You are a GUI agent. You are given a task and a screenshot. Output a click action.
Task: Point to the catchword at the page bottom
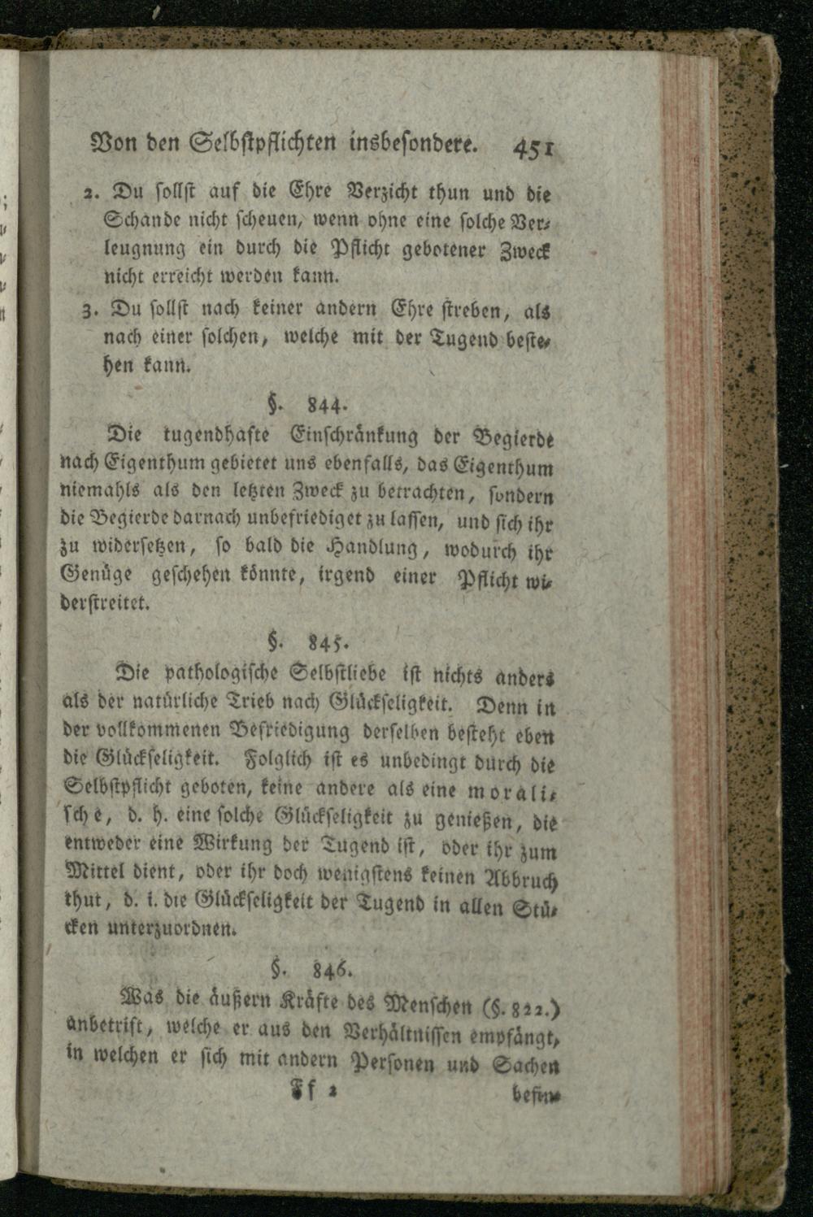pyautogui.click(x=535, y=1095)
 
